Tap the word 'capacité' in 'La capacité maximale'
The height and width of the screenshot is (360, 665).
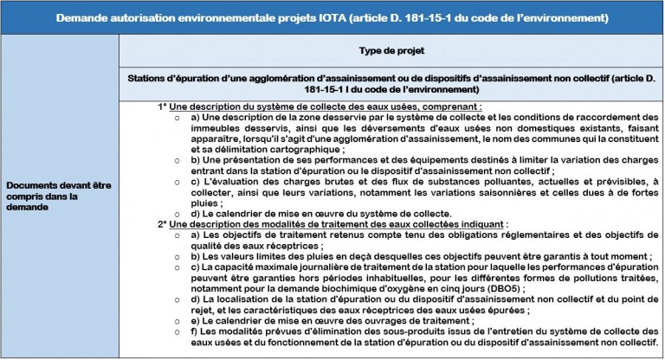pos(229,267)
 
